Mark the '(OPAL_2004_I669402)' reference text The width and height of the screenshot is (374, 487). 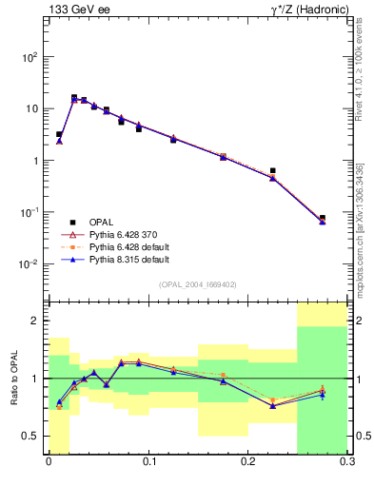(198, 283)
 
